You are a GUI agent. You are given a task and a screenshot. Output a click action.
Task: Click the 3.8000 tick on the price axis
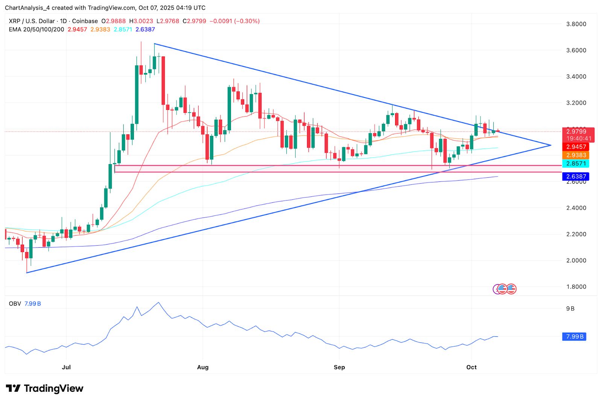[x=576, y=24]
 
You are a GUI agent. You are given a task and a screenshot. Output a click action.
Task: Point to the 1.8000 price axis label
[x=576, y=287]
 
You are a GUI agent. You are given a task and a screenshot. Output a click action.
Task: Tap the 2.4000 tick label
[x=576, y=208]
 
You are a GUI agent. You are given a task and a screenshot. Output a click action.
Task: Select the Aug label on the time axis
[x=203, y=367]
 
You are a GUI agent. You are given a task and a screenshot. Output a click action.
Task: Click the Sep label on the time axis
[x=339, y=367]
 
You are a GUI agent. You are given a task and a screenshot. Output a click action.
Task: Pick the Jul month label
[x=66, y=367]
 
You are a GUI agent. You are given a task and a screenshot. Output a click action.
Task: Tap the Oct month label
[x=471, y=367]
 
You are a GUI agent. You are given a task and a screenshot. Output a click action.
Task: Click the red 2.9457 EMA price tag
[x=576, y=147]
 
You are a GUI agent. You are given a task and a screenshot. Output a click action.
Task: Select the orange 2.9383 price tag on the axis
[x=576, y=155]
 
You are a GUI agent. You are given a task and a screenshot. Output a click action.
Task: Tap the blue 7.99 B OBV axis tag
[x=575, y=336]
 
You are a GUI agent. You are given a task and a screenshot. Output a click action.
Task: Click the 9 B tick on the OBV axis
[x=570, y=309]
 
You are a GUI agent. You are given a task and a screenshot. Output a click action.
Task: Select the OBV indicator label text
[x=15, y=304]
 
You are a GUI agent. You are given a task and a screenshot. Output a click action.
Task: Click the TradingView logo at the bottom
[x=45, y=388]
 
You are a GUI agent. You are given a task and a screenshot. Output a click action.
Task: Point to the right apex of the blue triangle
[x=551, y=145]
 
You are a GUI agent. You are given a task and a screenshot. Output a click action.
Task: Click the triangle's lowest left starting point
[x=27, y=273]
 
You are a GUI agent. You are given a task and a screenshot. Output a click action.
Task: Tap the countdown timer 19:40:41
[x=579, y=138]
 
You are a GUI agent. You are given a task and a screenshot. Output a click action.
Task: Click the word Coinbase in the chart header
[x=85, y=21]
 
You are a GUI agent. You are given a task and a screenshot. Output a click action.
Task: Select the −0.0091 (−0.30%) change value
[x=234, y=21]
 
